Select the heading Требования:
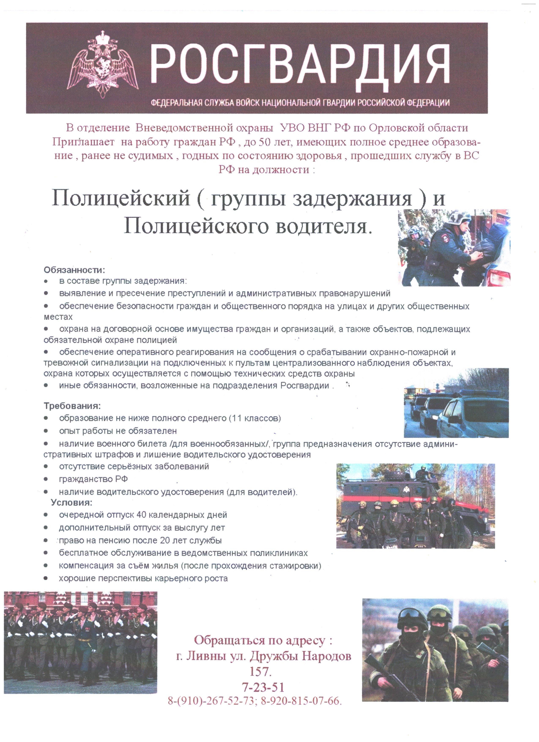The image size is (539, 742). pyautogui.click(x=72, y=406)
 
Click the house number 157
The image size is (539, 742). pyautogui.click(x=260, y=672)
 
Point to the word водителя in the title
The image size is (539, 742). pyautogui.click(x=323, y=226)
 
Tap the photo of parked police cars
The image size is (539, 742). pyautogui.click(x=456, y=403)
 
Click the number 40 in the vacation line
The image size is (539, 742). pyautogui.click(x=141, y=515)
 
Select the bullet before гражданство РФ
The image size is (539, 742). pyautogui.click(x=46, y=479)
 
